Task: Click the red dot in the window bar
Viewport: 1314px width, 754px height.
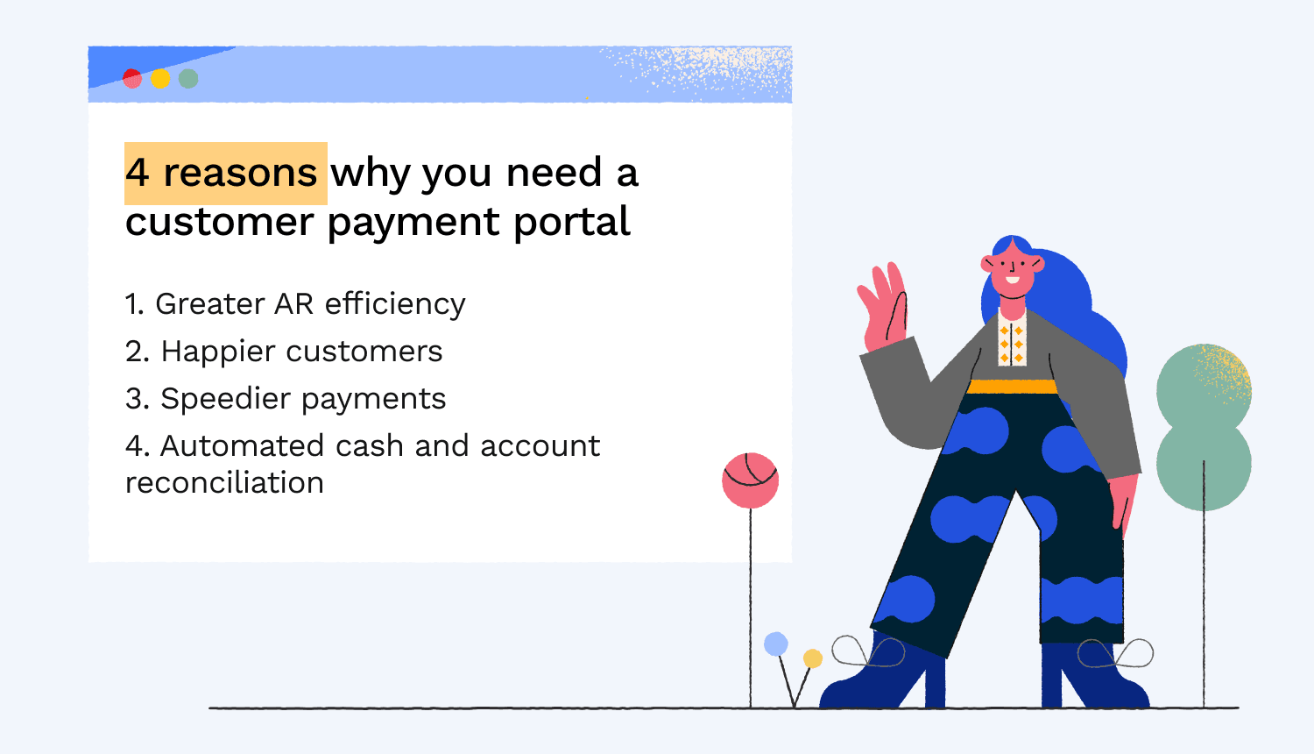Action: click(132, 78)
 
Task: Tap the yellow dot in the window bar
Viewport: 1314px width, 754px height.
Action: click(160, 78)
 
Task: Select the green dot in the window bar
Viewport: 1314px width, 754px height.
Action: click(188, 78)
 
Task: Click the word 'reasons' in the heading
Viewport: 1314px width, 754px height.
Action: click(240, 174)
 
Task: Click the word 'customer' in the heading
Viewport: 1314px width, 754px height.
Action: click(220, 222)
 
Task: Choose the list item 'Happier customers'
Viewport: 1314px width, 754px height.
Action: click(284, 352)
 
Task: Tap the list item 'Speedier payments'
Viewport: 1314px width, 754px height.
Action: click(286, 399)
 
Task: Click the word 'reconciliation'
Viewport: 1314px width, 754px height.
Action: click(224, 483)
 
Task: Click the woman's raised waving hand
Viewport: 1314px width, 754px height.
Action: click(883, 305)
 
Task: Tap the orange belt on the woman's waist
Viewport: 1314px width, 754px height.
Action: click(1012, 387)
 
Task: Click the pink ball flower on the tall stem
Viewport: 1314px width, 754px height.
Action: click(750, 480)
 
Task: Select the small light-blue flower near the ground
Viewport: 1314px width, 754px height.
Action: click(776, 644)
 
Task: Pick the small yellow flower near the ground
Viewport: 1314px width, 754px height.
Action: click(812, 658)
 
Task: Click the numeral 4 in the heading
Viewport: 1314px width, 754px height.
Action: click(138, 173)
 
